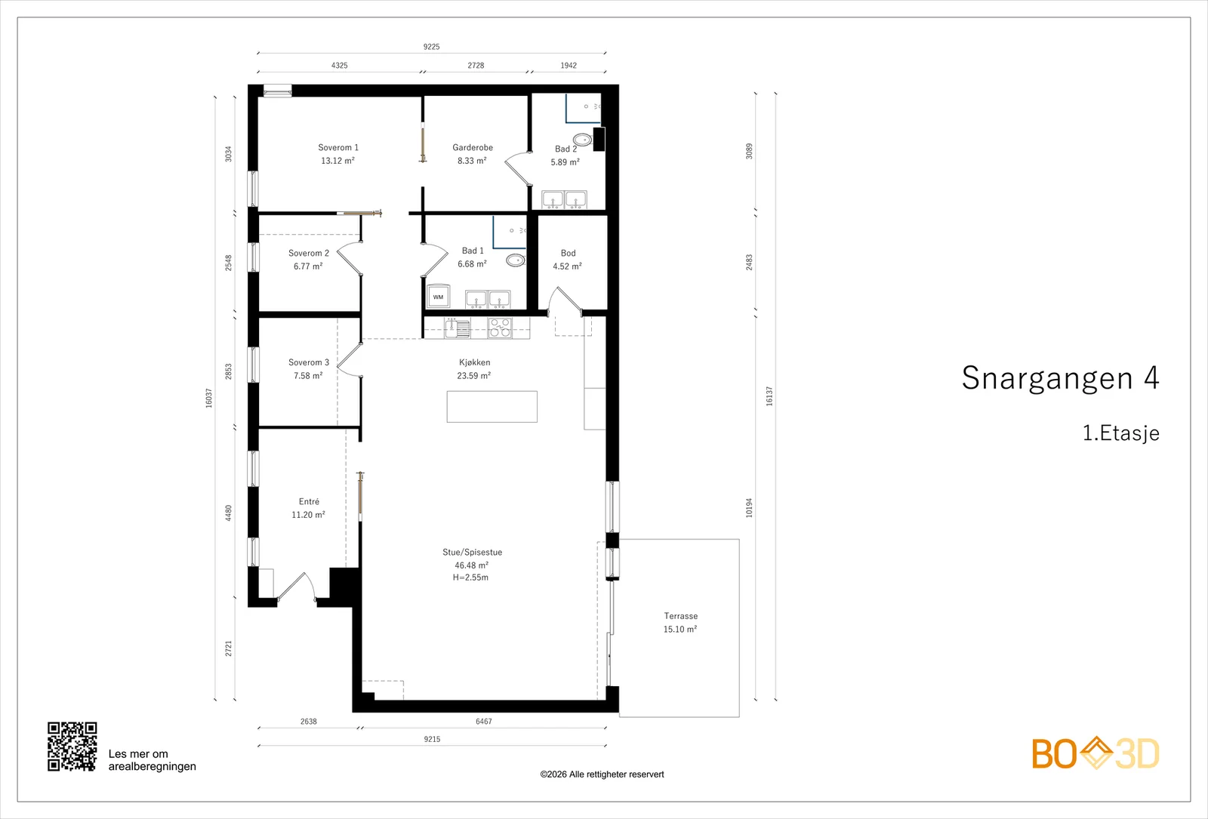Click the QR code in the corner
72,747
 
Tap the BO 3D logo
1096,753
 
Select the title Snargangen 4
1060,377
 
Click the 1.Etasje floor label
1120,433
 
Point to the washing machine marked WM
438,297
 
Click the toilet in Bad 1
516,260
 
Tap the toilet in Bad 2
582,140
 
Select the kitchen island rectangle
492,407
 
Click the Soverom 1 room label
338,148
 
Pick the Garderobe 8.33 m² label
473,154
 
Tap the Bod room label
568,254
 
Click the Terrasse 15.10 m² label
680,623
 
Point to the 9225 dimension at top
431,47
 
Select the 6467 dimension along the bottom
484,722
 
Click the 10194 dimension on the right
749,508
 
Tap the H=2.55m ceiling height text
471,577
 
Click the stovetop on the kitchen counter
500,328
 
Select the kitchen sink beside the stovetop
458,328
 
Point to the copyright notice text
602,774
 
